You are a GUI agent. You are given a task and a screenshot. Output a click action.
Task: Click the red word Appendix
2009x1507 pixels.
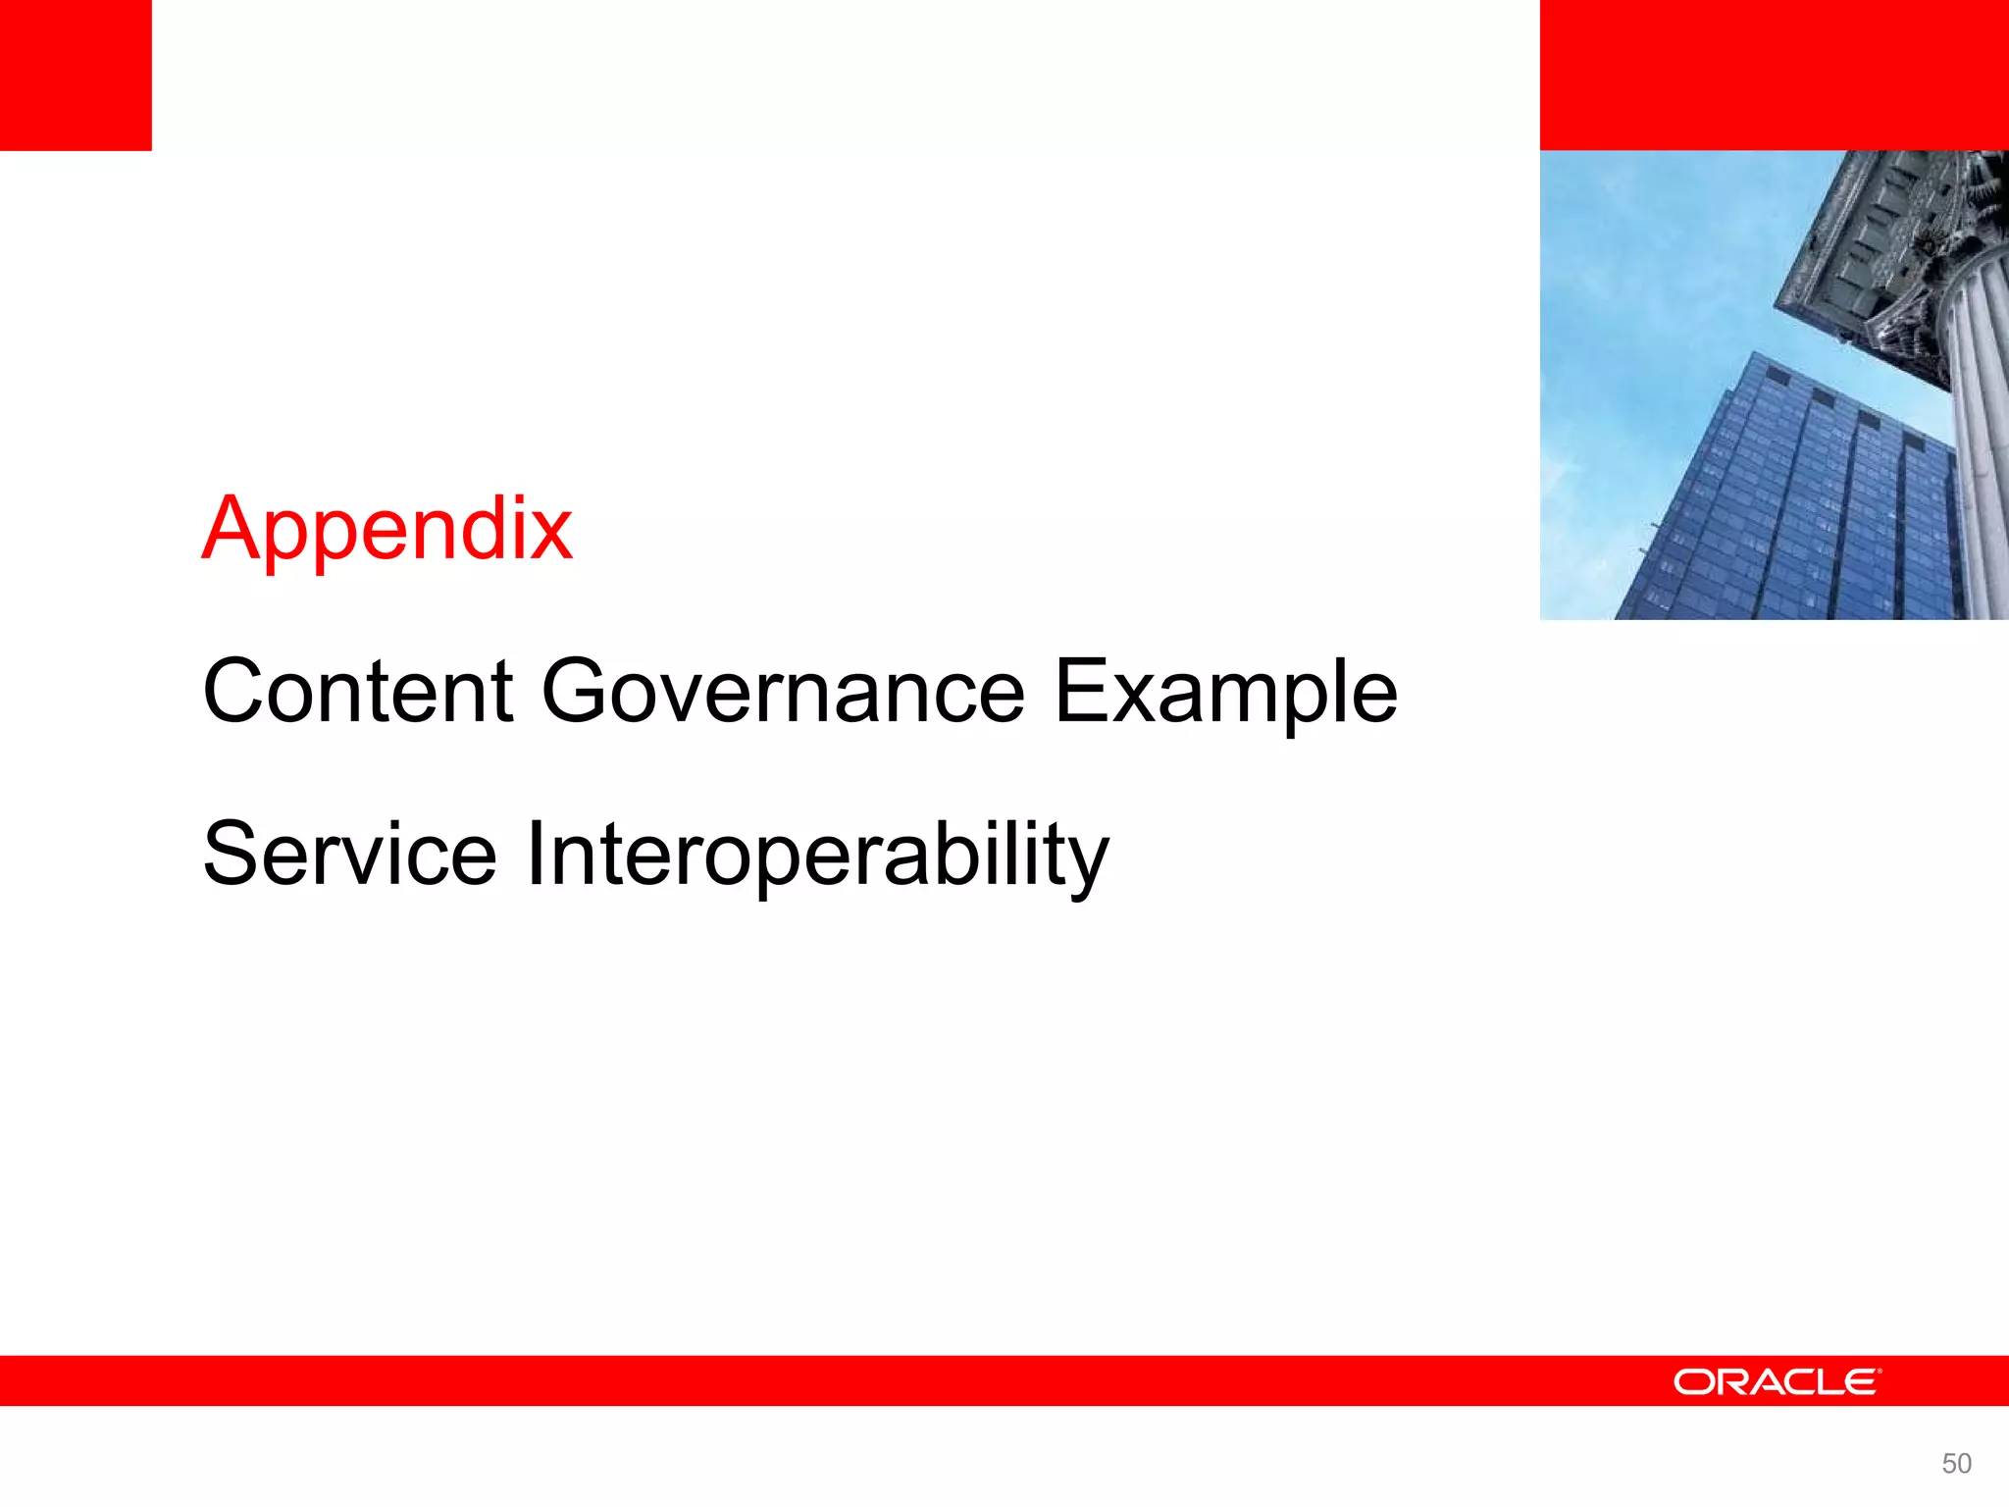387,530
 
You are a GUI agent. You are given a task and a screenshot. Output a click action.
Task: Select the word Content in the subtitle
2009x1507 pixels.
358,692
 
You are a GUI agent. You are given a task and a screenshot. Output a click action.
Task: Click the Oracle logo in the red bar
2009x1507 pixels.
1777,1381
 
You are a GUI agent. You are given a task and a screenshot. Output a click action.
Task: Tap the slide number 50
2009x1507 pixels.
1956,1464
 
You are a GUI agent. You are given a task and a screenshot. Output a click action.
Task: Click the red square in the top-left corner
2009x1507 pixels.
76,75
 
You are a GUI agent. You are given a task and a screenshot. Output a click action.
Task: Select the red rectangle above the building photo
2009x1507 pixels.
1774,75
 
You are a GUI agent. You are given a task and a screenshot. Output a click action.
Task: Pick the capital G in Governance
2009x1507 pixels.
574,692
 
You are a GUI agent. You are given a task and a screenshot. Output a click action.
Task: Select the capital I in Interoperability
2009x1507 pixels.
535,855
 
